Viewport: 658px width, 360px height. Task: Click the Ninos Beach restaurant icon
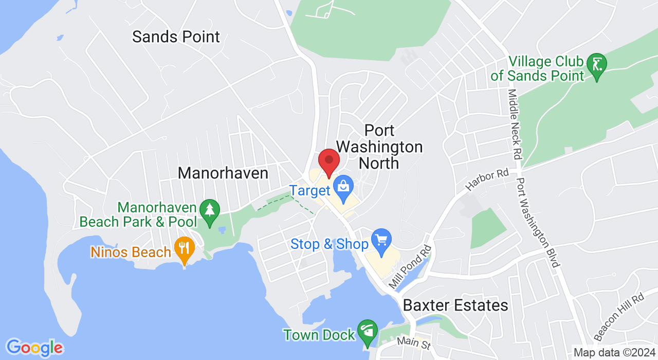pyautogui.click(x=184, y=249)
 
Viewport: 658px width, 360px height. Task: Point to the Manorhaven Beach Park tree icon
pyautogui.click(x=210, y=211)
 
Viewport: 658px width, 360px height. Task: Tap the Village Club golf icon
pyautogui.click(x=597, y=65)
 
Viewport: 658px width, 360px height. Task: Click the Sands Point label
pyautogui.click(x=176, y=37)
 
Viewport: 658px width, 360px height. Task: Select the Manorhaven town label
pyautogui.click(x=223, y=173)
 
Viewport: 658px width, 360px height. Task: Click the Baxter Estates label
pyautogui.click(x=455, y=305)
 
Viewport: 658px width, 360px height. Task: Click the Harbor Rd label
pyautogui.click(x=487, y=179)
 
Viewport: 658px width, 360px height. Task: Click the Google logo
pyautogui.click(x=34, y=348)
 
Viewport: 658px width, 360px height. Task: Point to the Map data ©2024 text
pyautogui.click(x=614, y=353)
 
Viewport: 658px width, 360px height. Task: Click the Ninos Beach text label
pyautogui.click(x=131, y=253)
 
